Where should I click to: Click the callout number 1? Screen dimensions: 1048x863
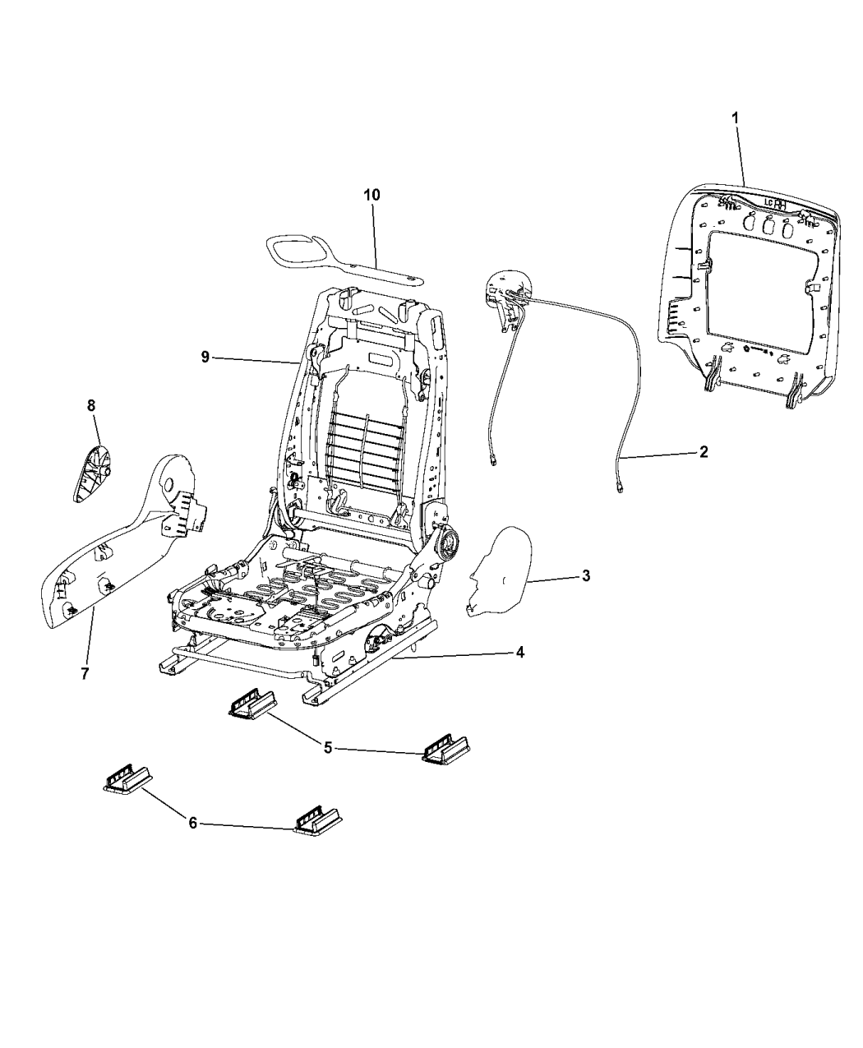[x=735, y=118]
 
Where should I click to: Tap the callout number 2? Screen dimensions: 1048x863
[x=703, y=452]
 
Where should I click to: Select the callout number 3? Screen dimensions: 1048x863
[x=585, y=576]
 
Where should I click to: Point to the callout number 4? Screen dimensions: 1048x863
[x=519, y=653]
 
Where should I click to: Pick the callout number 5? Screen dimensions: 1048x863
[x=328, y=748]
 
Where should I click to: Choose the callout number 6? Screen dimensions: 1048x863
[x=192, y=823]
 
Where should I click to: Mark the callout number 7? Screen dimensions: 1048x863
[x=85, y=674]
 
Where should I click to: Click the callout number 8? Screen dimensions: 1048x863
[x=91, y=404]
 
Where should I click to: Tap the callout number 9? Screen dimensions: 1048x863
[x=205, y=356]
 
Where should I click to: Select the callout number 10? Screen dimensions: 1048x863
[x=372, y=195]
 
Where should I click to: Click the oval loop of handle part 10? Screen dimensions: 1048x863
[x=296, y=247]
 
